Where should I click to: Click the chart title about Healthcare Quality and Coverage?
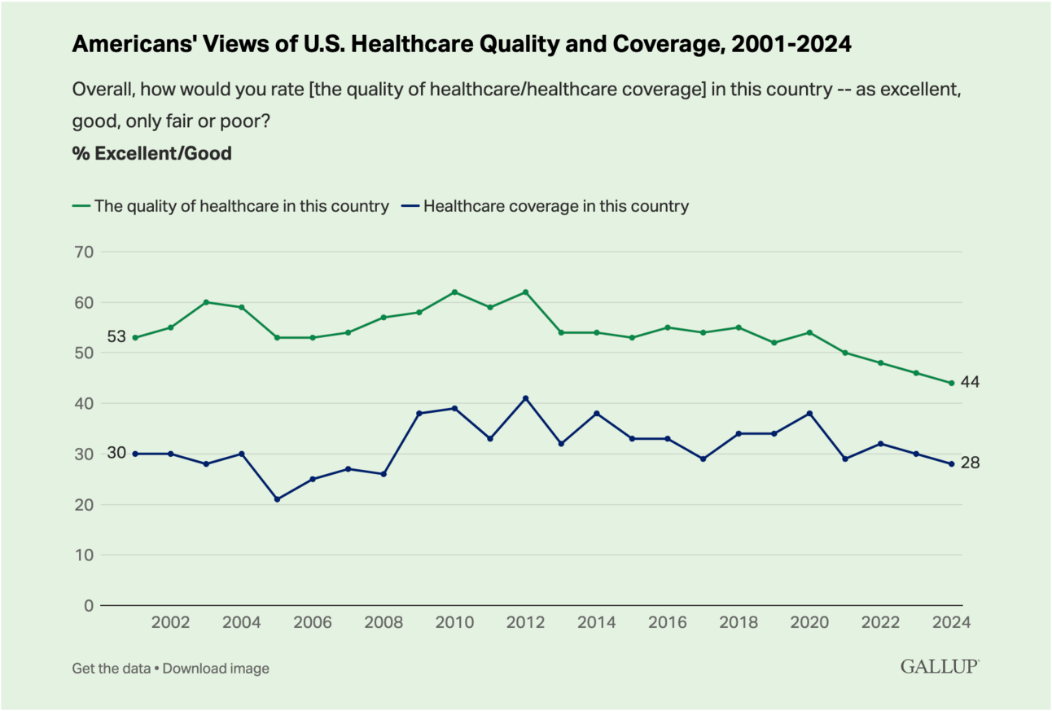462,45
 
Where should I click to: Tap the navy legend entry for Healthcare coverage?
546,206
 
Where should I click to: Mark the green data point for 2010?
454,292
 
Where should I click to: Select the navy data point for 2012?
525,398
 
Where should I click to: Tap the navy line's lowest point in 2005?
277,499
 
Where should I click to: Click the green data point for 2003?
206,302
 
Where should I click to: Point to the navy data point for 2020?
809,414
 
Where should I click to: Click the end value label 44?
970,383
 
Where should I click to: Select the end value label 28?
970,463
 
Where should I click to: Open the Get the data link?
110,669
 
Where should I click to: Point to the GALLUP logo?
939,667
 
